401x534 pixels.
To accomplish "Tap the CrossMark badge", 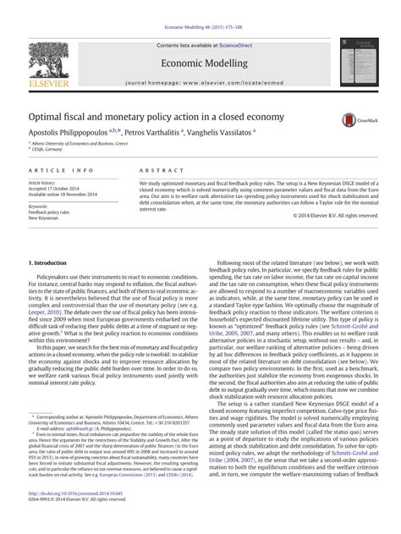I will (x=354, y=121).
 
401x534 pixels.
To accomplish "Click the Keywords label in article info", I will (x=39, y=206).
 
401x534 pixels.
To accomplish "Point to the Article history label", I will (x=43, y=182).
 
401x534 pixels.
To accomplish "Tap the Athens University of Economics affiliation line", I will (x=81, y=144).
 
